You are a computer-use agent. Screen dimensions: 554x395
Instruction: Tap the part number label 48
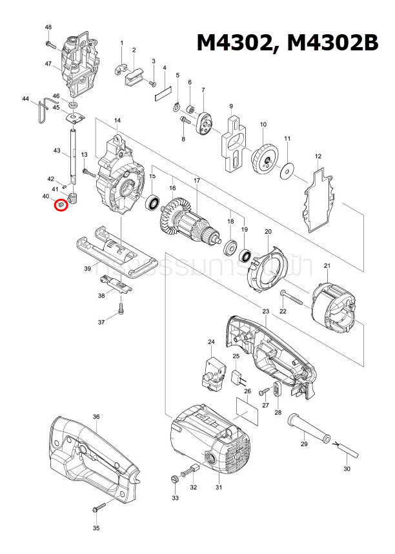[48, 27]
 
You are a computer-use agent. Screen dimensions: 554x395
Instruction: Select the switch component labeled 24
[212, 374]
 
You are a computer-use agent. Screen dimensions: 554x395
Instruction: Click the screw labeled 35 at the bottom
[99, 508]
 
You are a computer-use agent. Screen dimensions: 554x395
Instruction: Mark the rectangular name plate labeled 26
[247, 411]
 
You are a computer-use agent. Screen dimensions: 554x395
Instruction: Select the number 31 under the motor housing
[218, 487]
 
